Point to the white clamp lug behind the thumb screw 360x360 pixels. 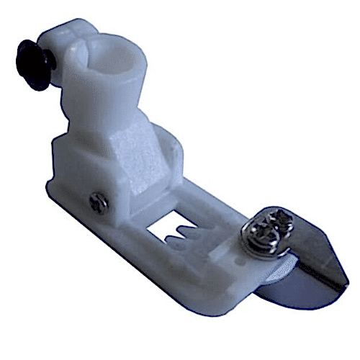[61, 40]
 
